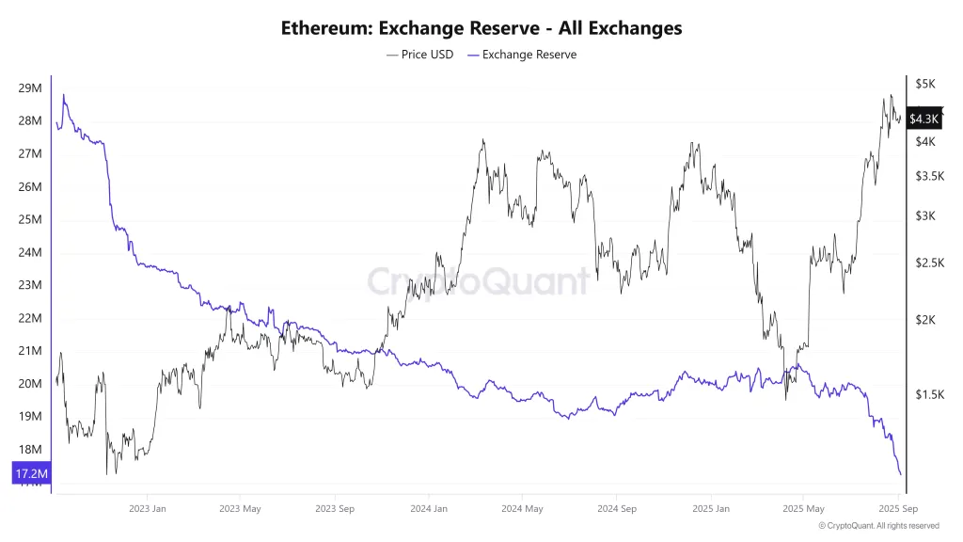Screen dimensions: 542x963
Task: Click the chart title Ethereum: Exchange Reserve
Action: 481,28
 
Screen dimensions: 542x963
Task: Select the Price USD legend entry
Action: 419,55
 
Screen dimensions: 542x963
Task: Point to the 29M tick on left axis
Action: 29,88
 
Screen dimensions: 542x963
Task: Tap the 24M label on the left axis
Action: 29,252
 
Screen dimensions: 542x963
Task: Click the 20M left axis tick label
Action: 29,384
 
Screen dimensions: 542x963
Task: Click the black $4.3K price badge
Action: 925,119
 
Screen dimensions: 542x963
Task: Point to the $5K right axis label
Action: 925,85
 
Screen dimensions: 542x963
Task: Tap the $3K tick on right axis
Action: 925,216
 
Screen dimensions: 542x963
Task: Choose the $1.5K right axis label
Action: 929,395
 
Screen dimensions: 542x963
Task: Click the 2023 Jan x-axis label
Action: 148,509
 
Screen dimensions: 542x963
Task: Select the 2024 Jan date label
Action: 428,509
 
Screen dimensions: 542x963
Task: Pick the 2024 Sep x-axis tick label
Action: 616,509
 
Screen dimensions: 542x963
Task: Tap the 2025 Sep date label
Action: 897,509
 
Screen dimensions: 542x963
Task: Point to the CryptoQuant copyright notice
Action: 878,526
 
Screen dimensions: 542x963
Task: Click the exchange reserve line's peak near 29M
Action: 63,95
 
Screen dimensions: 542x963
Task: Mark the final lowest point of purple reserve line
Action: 900,473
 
